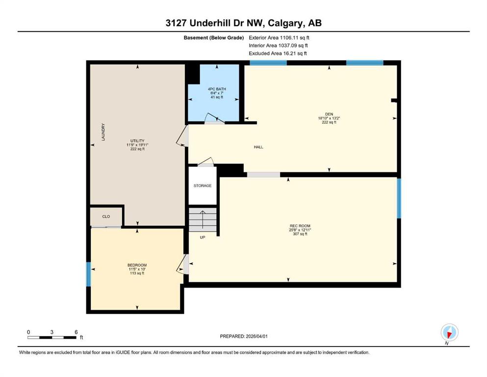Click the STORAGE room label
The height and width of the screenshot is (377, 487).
pyautogui.click(x=203, y=186)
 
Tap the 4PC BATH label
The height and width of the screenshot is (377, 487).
pyautogui.click(x=217, y=89)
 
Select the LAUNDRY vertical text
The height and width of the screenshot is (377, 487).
pyautogui.click(x=103, y=132)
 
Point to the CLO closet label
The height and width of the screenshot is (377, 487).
pyautogui.click(x=106, y=216)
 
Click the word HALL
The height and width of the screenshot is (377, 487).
pyautogui.click(x=258, y=147)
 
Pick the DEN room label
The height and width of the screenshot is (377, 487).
pyautogui.click(x=329, y=114)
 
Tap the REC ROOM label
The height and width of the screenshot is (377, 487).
pyautogui.click(x=300, y=226)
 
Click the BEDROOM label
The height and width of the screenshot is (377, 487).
pyautogui.click(x=137, y=265)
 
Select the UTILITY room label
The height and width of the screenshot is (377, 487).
pyautogui.click(x=137, y=141)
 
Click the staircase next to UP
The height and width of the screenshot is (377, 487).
pyautogui.click(x=203, y=220)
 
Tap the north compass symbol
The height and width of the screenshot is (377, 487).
pyautogui.click(x=449, y=332)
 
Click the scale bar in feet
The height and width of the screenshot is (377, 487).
pyautogui.click(x=52, y=337)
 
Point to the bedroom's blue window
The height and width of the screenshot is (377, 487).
pyautogui.click(x=88, y=274)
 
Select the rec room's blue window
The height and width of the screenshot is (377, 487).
pyautogui.click(x=399, y=198)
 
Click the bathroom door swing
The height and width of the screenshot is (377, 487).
pyautogui.click(x=214, y=118)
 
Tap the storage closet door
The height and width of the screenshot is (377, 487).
pyautogui.click(x=206, y=162)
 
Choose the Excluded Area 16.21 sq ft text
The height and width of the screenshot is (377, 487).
pyautogui.click(x=278, y=54)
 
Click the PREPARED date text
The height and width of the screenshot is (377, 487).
pyautogui.click(x=243, y=336)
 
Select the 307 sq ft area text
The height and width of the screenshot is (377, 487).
pyautogui.click(x=300, y=234)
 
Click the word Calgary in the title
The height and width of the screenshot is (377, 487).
pyautogui.click(x=286, y=23)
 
